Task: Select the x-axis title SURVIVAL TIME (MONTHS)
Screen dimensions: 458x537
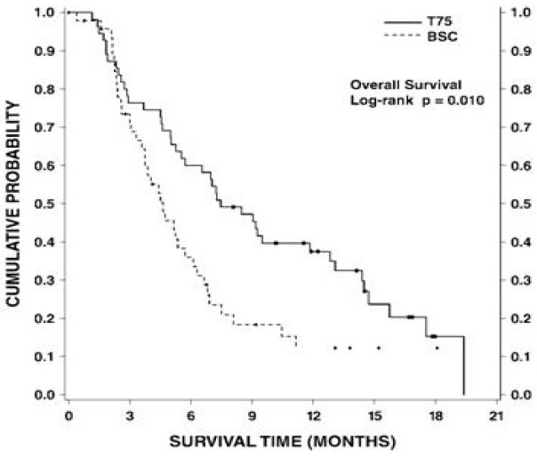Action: (x=282, y=440)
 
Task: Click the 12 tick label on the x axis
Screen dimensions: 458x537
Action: (x=313, y=415)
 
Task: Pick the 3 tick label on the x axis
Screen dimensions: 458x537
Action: (x=130, y=415)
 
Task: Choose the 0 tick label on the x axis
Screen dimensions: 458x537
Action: (x=68, y=415)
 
